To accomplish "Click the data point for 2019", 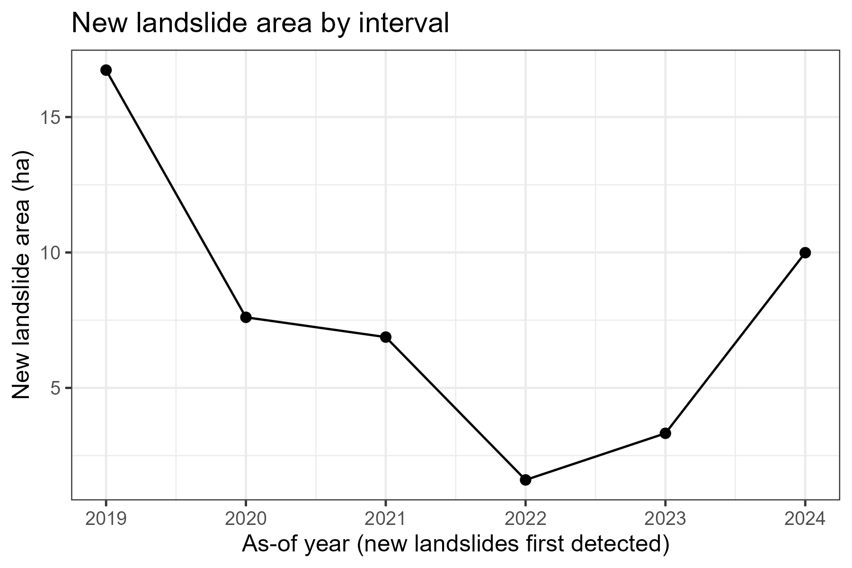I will pyautogui.click(x=106, y=70).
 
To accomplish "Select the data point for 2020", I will pyautogui.click(x=246, y=317).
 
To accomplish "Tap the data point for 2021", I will pyautogui.click(x=386, y=337).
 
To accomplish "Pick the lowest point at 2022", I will pyautogui.click(x=525, y=480).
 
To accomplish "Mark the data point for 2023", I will pyautogui.click(x=665, y=433).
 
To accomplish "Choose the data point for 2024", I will pyautogui.click(x=805, y=253).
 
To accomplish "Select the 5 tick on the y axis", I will pyautogui.click(x=54, y=388).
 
